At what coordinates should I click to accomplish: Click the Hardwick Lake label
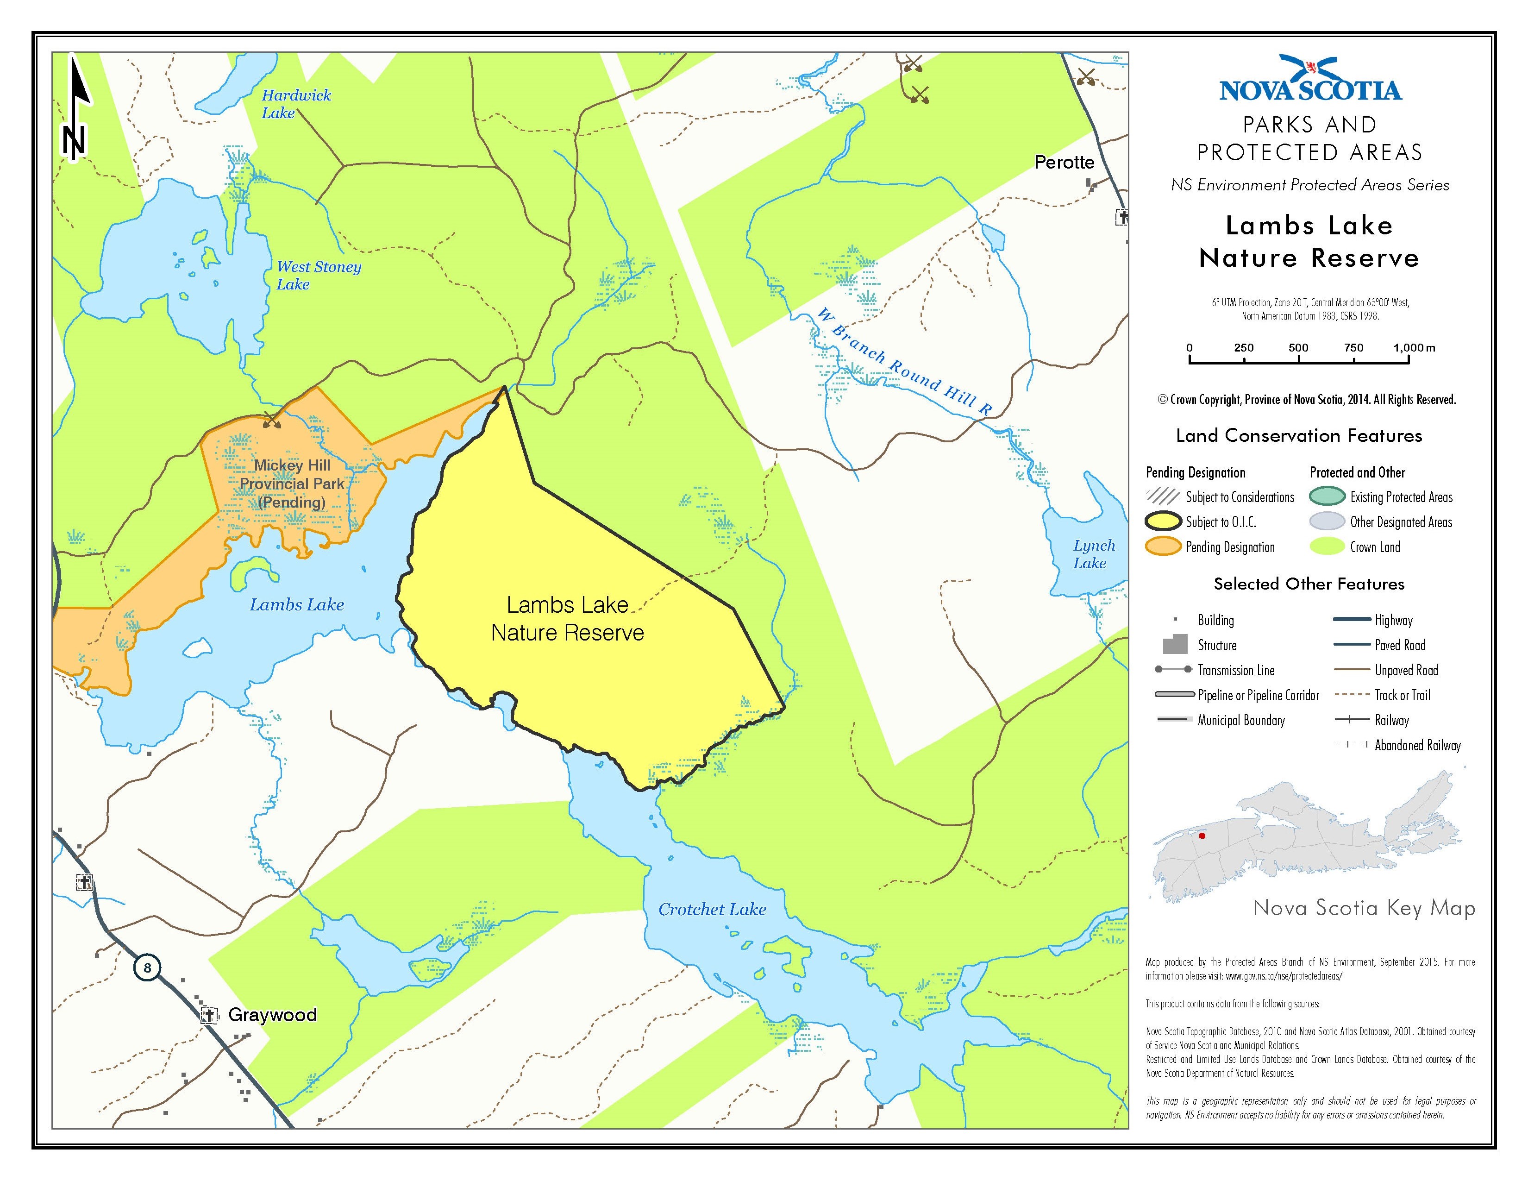pyautogui.click(x=295, y=104)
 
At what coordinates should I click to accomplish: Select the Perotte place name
pyautogui.click(x=1064, y=162)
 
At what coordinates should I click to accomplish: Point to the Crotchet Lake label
pyautogui.click(x=712, y=910)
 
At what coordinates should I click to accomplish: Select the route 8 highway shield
pyautogui.click(x=147, y=967)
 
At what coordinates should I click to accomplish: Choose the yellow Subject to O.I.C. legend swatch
pyautogui.click(x=1162, y=522)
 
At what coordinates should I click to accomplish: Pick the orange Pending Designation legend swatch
pyautogui.click(x=1162, y=547)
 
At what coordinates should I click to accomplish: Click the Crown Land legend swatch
pyautogui.click(x=1327, y=547)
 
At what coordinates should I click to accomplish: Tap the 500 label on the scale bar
pyautogui.click(x=1298, y=348)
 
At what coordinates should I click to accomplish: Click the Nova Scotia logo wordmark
pyautogui.click(x=1310, y=91)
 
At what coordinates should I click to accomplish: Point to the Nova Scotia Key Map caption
pyautogui.click(x=1364, y=908)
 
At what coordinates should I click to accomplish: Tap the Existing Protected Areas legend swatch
pyautogui.click(x=1327, y=497)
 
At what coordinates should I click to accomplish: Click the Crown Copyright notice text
pyautogui.click(x=1306, y=400)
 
